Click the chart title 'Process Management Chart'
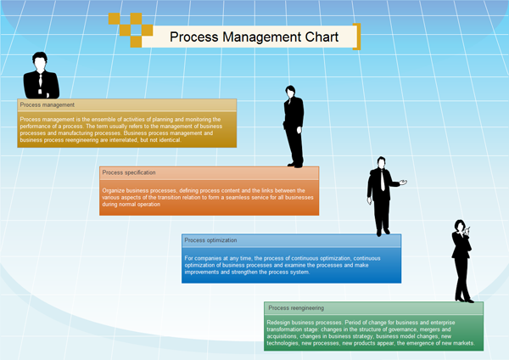click(x=254, y=37)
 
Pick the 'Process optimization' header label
click(x=211, y=240)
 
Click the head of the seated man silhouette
click(x=40, y=60)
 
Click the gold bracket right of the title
click(x=357, y=37)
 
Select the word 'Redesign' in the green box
click(x=279, y=323)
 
